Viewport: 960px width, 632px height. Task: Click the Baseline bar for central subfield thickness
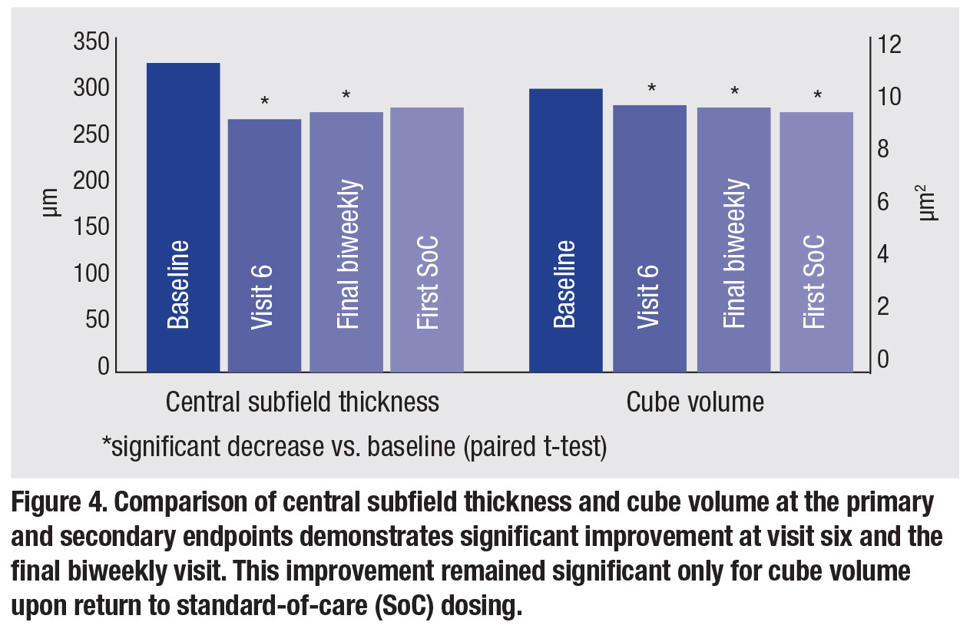(183, 217)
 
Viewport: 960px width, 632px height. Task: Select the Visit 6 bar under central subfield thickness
(264, 245)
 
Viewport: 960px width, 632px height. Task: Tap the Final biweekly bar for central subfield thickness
(346, 241)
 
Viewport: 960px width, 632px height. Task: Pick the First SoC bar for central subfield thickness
(427, 239)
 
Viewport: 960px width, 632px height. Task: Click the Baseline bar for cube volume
(566, 230)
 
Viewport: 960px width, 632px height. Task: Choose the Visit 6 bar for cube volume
(649, 238)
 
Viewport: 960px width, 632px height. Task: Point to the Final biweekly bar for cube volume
(733, 239)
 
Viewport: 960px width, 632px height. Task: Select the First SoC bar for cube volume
(816, 241)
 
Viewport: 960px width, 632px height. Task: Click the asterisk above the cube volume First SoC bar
(817, 96)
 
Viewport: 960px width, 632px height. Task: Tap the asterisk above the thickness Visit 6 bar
(264, 102)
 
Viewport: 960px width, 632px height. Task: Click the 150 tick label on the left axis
(91, 227)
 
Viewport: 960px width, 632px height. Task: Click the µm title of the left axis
(51, 203)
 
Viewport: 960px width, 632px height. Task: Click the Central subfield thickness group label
(302, 402)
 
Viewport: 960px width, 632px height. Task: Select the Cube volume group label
(695, 402)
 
